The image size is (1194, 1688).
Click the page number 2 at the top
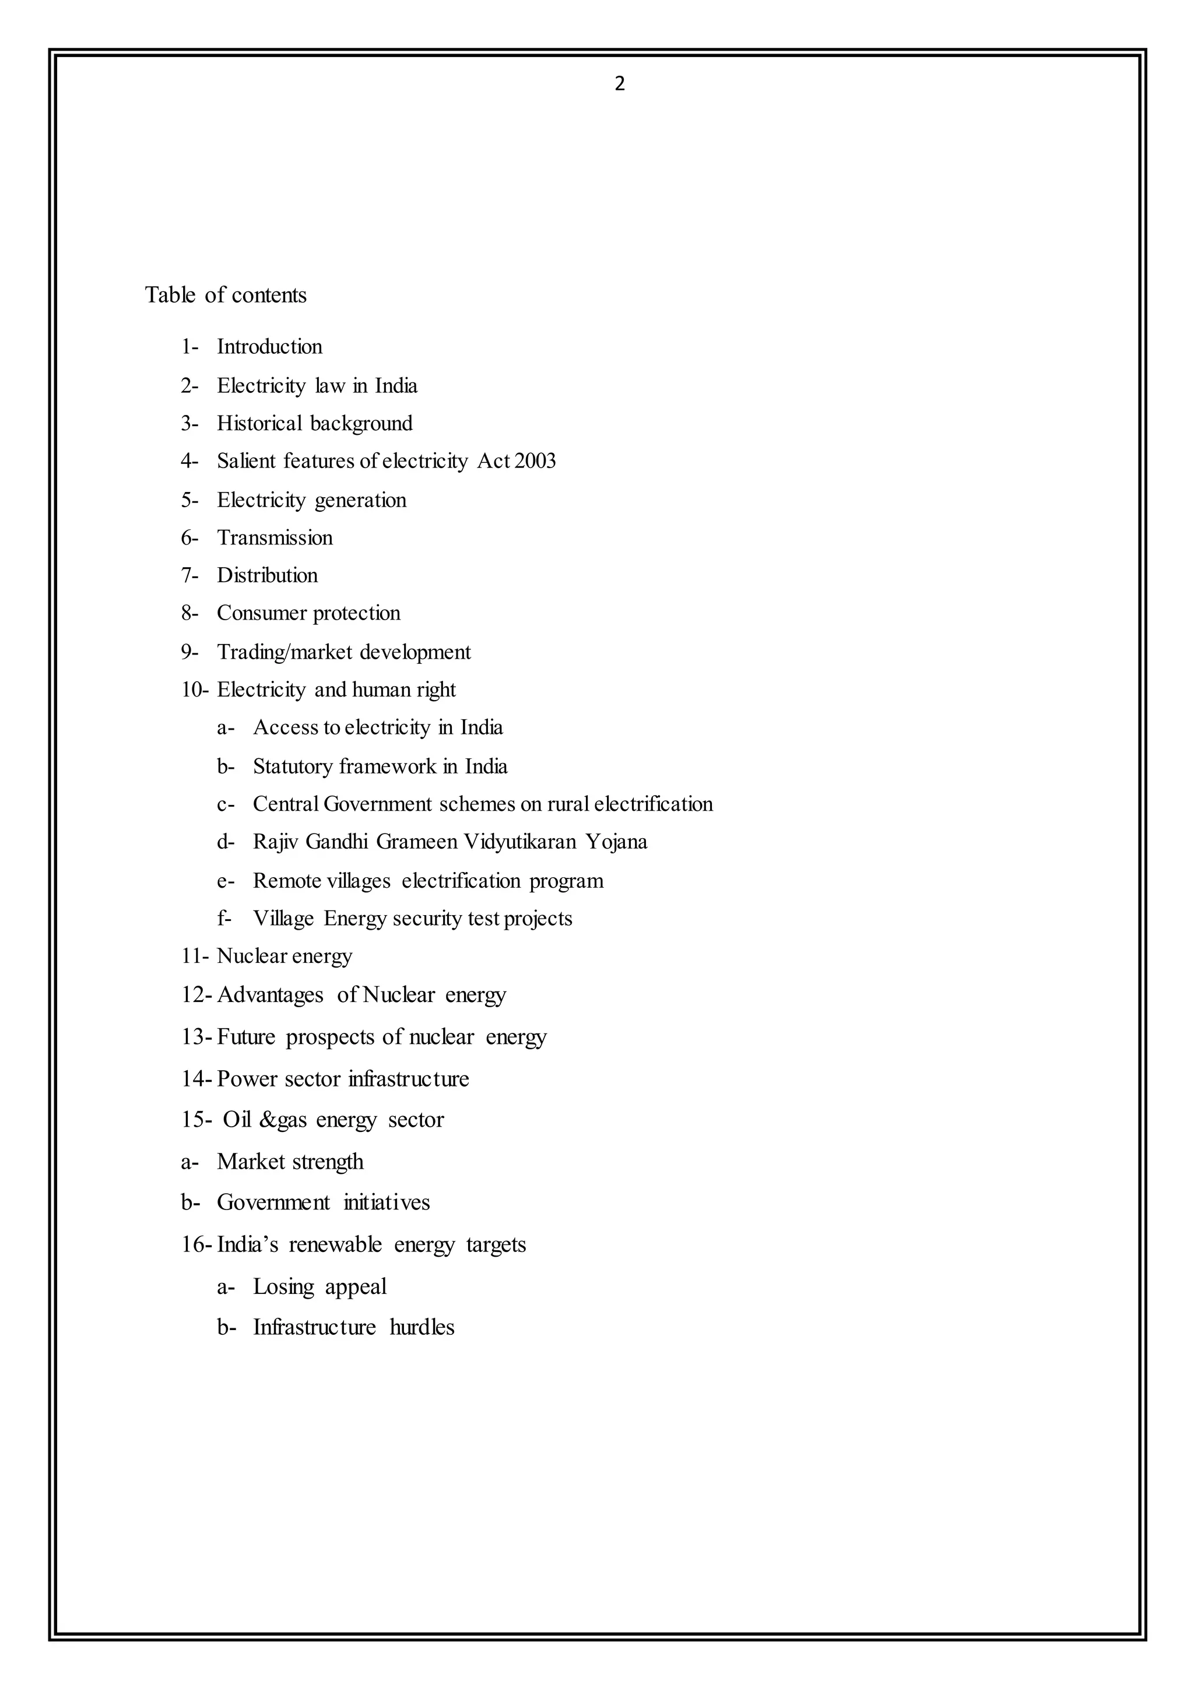(x=619, y=85)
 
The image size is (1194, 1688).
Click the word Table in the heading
(x=170, y=295)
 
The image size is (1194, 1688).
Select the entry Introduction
(x=269, y=347)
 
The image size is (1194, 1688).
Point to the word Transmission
(x=274, y=537)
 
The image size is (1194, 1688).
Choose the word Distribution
(x=267, y=575)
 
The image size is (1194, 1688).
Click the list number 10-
(x=195, y=690)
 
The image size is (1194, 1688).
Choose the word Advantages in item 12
(x=270, y=995)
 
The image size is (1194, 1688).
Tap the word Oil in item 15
(x=237, y=1120)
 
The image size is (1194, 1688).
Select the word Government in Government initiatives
(x=273, y=1202)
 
